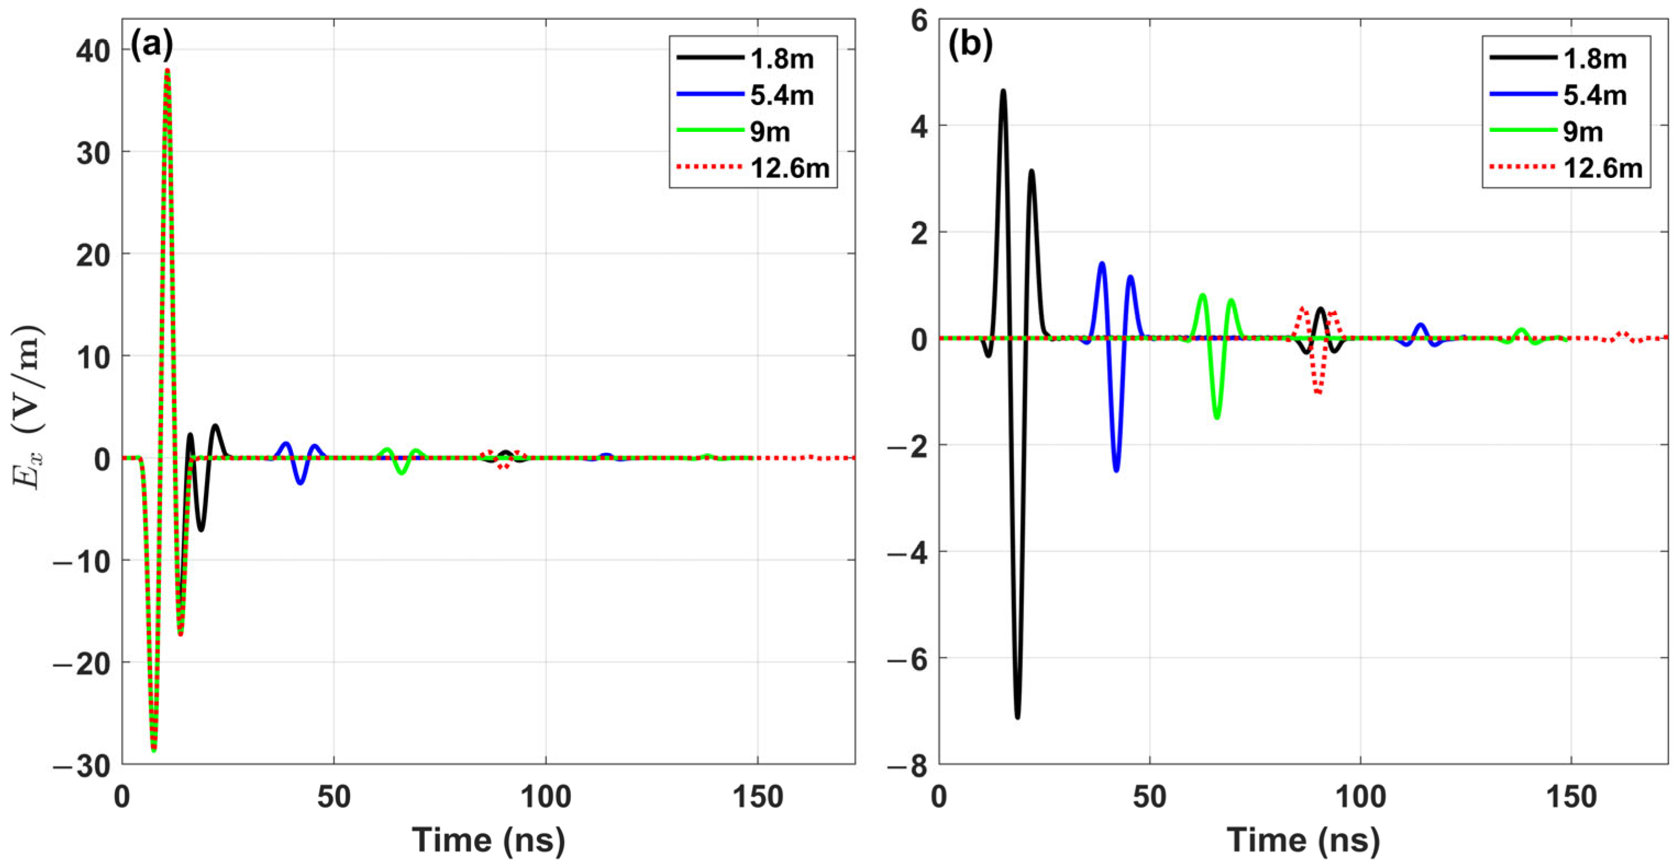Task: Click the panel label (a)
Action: click(152, 46)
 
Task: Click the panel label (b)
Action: click(969, 46)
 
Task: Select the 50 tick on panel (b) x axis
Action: click(1150, 797)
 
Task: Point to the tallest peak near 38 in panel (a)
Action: click(168, 70)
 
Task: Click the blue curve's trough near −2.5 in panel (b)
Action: click(1116, 470)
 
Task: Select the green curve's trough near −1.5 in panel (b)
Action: click(1217, 417)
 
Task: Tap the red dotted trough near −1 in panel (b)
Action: click(1318, 393)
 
